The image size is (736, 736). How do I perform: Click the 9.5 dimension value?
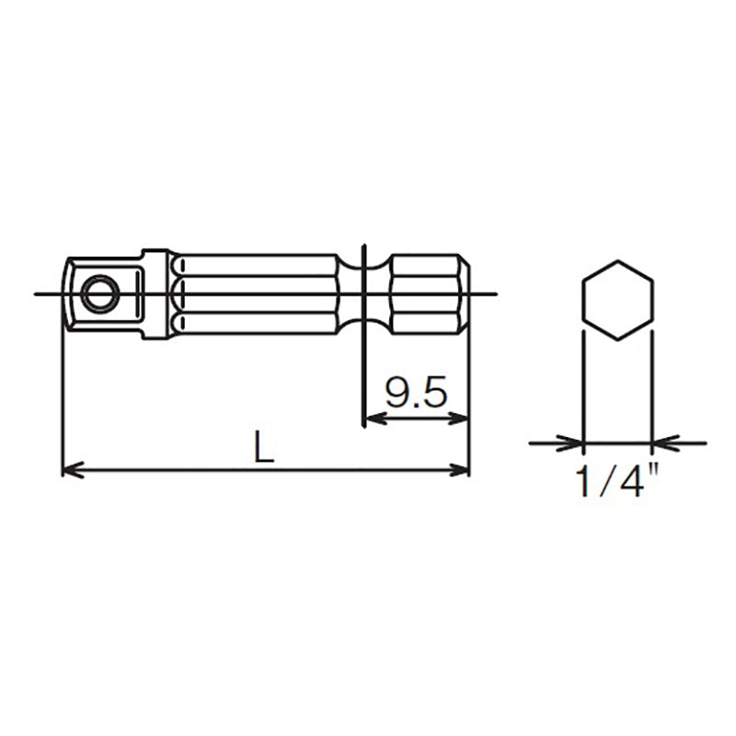pyautogui.click(x=416, y=394)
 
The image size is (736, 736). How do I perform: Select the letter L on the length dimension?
pyautogui.click(x=264, y=447)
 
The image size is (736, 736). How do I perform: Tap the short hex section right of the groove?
pyautogui.click(x=429, y=294)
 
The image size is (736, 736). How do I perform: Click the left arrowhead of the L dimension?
pyautogui.click(x=70, y=471)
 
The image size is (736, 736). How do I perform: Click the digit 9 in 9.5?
pyautogui.click(x=397, y=394)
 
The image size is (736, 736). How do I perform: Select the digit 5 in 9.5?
pyautogui.click(x=435, y=394)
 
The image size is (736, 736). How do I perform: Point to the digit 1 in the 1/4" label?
pyautogui.click(x=582, y=481)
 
